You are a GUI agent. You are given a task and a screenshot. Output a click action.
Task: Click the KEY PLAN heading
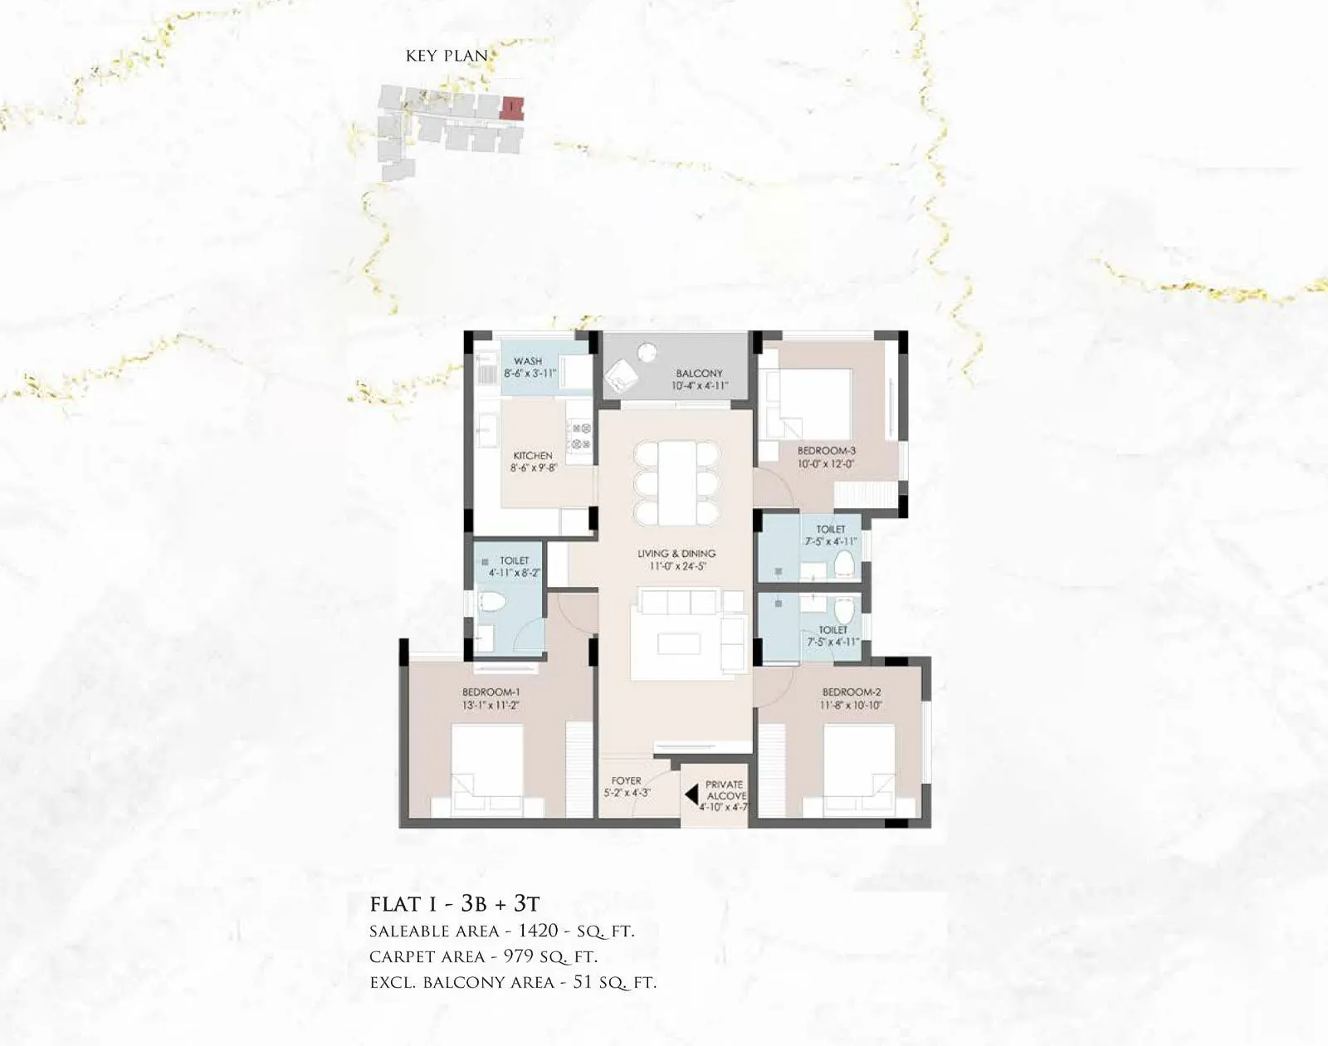(x=447, y=56)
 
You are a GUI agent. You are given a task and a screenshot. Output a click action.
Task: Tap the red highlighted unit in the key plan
(x=514, y=107)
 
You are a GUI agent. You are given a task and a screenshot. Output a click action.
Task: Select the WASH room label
(x=528, y=361)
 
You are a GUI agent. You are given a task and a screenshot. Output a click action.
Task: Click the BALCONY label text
(x=699, y=374)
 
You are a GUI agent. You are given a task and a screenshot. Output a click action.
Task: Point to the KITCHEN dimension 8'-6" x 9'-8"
(x=533, y=468)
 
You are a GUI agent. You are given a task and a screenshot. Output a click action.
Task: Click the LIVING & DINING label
(x=676, y=554)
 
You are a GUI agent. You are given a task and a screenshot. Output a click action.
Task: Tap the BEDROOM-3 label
(x=826, y=451)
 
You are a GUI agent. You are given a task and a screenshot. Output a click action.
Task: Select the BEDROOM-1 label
(x=491, y=692)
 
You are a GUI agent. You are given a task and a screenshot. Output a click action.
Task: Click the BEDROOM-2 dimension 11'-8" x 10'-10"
(x=852, y=705)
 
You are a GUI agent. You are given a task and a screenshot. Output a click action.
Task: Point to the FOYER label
(x=626, y=781)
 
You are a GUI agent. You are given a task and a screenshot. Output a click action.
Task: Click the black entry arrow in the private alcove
(x=691, y=794)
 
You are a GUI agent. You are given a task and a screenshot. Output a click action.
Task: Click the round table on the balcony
(x=647, y=353)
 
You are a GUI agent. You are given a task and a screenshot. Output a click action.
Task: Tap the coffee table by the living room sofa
(x=677, y=643)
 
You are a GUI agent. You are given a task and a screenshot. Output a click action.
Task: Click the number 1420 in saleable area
(x=538, y=931)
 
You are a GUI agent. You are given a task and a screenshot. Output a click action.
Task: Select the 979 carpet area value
(x=519, y=956)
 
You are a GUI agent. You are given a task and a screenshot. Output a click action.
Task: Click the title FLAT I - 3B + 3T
(x=454, y=903)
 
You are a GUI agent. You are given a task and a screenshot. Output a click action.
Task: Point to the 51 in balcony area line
(x=583, y=982)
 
